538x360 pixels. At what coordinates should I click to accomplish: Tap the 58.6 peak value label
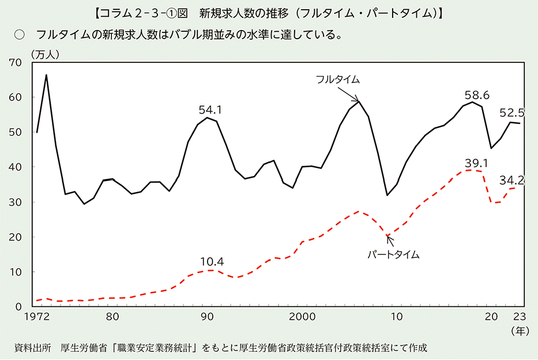point(477,95)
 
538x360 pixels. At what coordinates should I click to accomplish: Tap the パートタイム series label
point(393,254)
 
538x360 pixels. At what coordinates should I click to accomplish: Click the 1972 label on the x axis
point(36,317)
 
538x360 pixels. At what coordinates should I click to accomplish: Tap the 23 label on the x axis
point(518,317)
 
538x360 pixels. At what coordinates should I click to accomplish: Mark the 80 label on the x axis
point(113,317)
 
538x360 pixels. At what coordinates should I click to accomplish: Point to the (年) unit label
point(518,331)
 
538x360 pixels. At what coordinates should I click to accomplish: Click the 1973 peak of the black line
point(47,75)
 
